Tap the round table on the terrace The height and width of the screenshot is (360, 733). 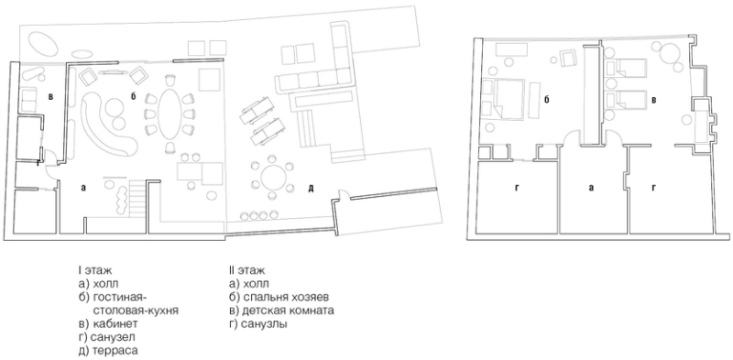click(x=272, y=178)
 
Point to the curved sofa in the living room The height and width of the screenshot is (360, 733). click(x=106, y=124)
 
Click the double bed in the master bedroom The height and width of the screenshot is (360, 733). click(x=510, y=99)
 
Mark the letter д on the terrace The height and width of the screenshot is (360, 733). click(x=311, y=189)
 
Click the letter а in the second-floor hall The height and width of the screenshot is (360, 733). click(x=591, y=188)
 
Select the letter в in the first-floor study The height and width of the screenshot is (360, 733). click(x=50, y=97)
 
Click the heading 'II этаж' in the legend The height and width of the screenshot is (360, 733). click(x=246, y=270)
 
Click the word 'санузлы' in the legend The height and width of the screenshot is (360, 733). click(x=265, y=323)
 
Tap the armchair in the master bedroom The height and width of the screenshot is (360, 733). click(x=568, y=59)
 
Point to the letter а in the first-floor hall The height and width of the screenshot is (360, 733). click(x=83, y=188)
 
